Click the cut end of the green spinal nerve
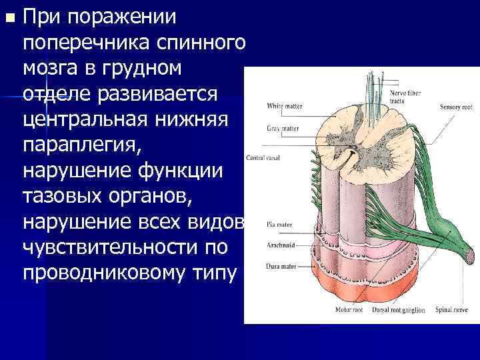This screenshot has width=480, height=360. (468, 255)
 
